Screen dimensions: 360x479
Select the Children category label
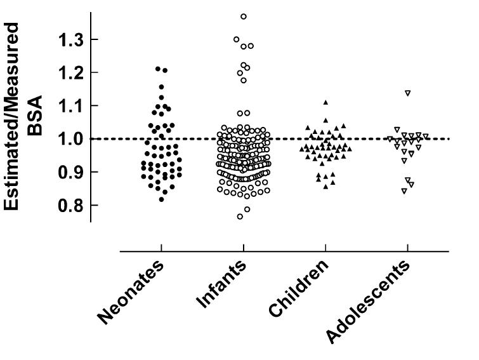[x=299, y=290]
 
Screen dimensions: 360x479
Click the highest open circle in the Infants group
[x=244, y=16]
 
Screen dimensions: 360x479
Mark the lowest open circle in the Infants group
[x=240, y=217]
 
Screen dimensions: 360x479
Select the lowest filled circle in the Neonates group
[x=162, y=199]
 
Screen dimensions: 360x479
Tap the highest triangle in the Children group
[x=325, y=102]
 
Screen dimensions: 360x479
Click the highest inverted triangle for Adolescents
[x=408, y=93]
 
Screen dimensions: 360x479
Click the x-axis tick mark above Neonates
[x=162, y=247]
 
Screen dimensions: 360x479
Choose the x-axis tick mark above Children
[x=325, y=247]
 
